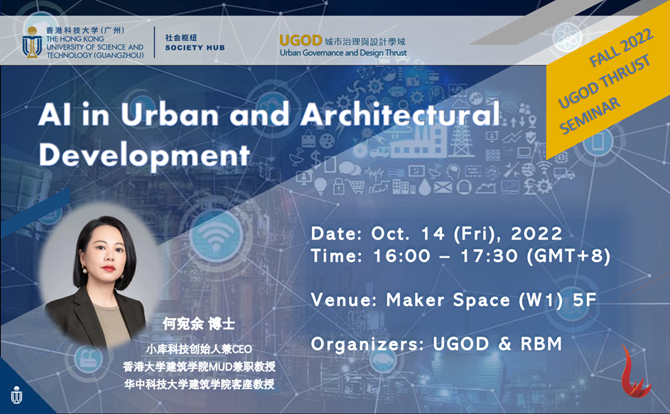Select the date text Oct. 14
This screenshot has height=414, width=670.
click(x=403, y=233)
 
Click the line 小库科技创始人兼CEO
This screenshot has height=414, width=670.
click(x=199, y=349)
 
